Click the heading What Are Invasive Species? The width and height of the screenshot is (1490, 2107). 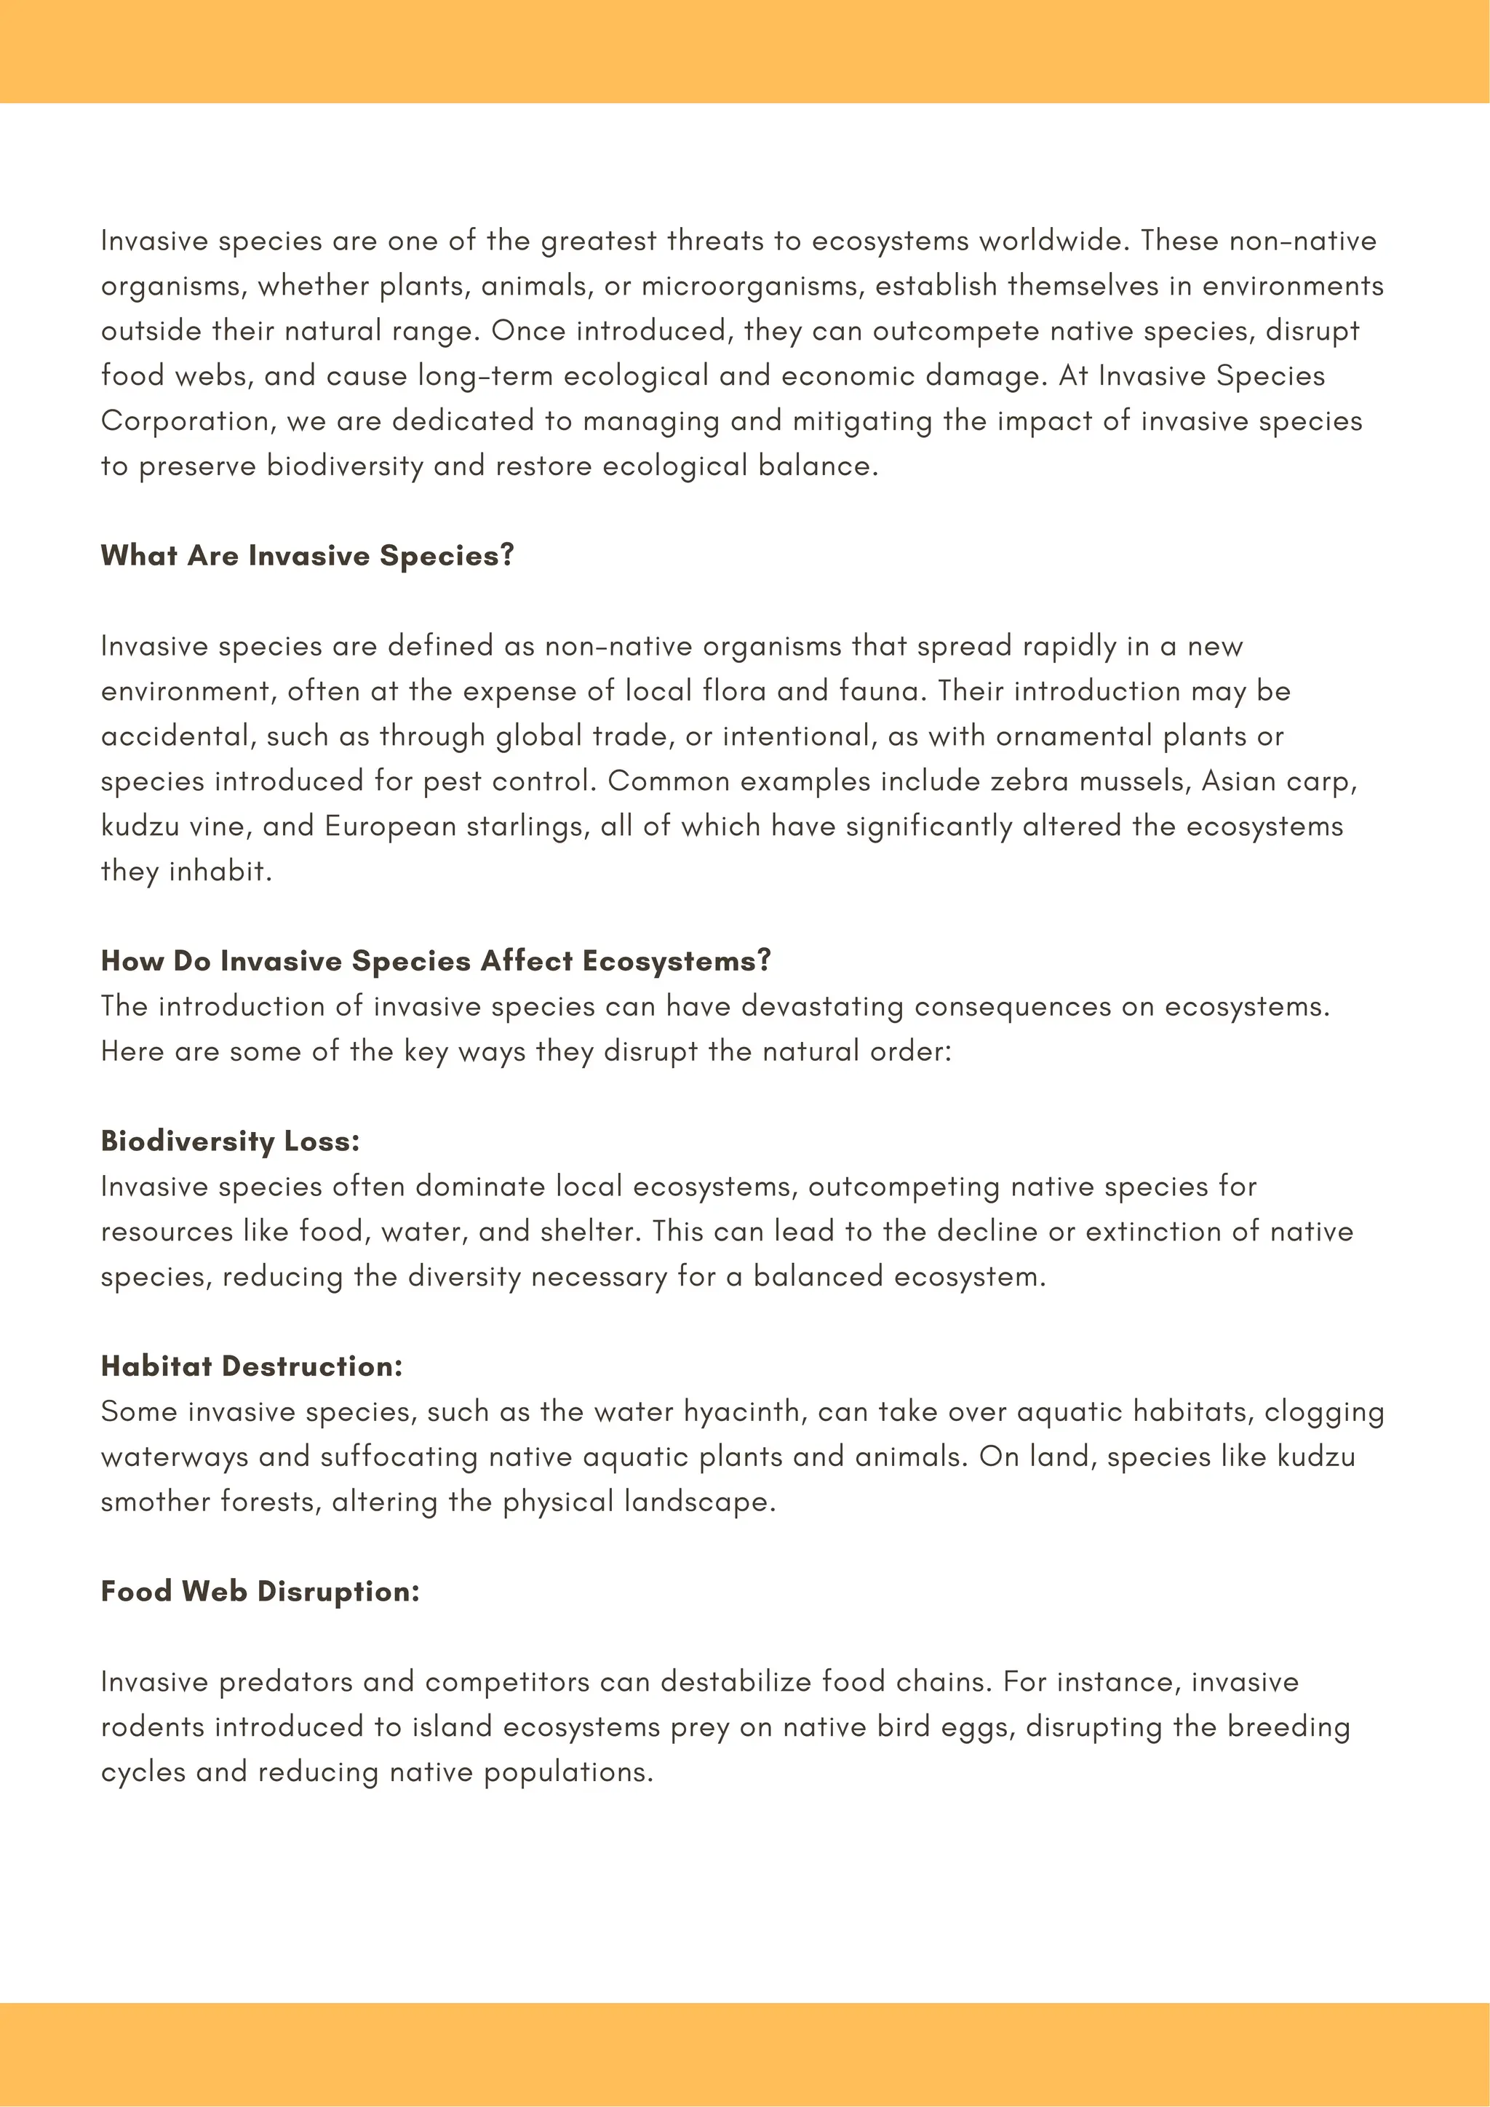[x=307, y=556]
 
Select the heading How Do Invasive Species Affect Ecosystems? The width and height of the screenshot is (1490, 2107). [x=436, y=961]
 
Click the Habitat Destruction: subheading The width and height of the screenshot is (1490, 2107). [x=252, y=1366]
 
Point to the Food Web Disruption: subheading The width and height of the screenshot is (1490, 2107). [x=260, y=1591]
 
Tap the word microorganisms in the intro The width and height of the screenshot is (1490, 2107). [x=752, y=287]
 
